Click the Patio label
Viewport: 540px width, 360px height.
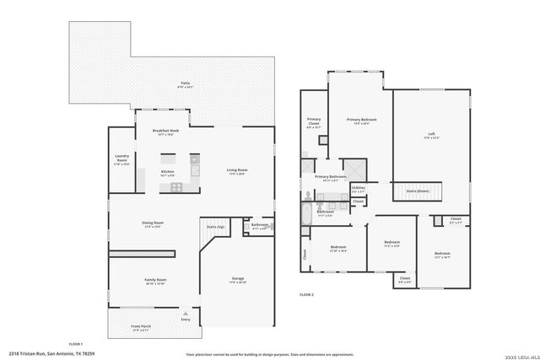[x=185, y=83]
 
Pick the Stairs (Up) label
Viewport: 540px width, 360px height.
[x=215, y=226]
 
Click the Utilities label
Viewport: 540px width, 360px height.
[x=358, y=189]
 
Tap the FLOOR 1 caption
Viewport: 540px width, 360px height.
[x=75, y=344]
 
